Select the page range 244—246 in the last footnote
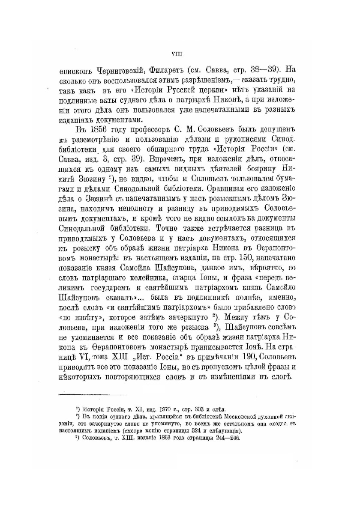(219, 438)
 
